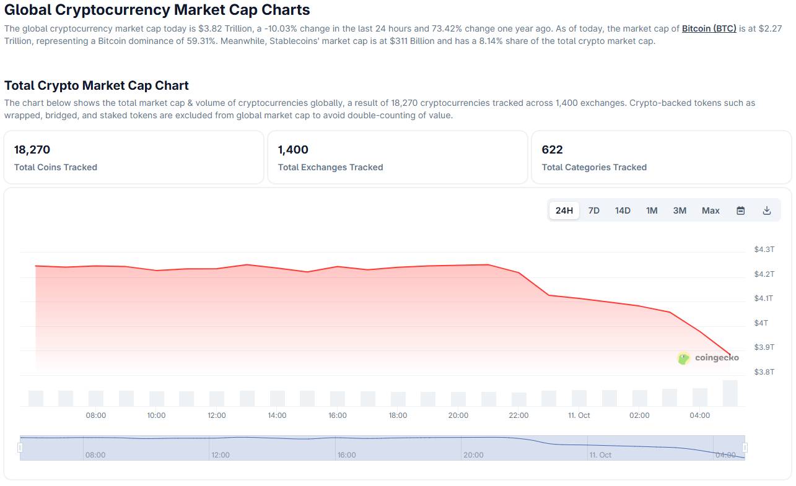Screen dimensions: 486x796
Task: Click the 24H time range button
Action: (x=564, y=210)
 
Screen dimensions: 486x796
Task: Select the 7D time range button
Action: (x=593, y=210)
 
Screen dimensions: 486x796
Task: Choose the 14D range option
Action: (x=623, y=210)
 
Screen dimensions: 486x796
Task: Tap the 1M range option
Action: (x=652, y=210)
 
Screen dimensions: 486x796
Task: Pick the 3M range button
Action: (x=680, y=210)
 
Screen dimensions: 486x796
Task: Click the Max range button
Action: (x=711, y=210)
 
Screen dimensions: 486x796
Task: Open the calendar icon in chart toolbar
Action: (x=740, y=210)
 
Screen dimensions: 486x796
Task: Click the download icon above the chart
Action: (x=767, y=210)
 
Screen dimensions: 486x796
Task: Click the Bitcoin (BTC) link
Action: (x=709, y=28)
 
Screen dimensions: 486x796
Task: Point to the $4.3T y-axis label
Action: (x=764, y=250)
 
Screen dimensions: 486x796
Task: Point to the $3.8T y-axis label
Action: (x=764, y=372)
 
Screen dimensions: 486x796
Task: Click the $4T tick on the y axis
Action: (x=761, y=323)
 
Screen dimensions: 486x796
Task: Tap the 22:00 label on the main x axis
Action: (x=518, y=415)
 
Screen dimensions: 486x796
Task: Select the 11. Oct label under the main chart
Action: (x=579, y=415)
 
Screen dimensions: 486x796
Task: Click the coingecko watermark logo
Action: (x=708, y=358)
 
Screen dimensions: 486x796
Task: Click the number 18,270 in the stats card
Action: (x=32, y=150)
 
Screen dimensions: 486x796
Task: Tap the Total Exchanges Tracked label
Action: (x=330, y=167)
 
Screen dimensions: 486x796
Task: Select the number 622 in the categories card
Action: (x=552, y=150)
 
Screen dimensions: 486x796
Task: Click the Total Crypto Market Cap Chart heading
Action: (x=97, y=85)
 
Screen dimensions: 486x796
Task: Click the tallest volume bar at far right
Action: (x=730, y=393)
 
